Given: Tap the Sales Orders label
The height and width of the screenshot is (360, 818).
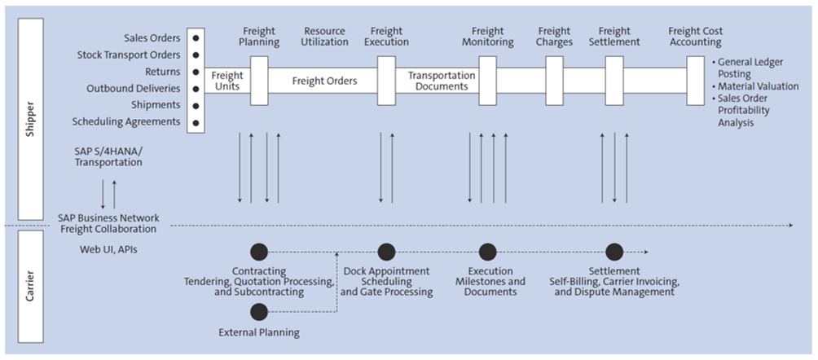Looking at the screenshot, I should click(152, 38).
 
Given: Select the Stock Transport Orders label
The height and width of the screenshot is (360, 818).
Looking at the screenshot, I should click(129, 55).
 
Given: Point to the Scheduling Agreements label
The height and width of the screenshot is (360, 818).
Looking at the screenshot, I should click(126, 122).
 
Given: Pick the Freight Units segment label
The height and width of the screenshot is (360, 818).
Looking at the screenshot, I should click(227, 81).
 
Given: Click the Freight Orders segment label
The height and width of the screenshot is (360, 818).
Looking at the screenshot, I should click(323, 81).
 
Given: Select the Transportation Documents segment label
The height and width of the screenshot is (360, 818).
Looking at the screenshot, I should click(441, 81).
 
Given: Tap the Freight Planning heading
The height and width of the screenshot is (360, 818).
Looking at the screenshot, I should click(259, 37).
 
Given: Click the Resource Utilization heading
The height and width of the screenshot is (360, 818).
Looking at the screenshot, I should click(324, 37).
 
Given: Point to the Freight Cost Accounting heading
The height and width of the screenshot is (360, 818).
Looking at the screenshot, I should click(694, 37).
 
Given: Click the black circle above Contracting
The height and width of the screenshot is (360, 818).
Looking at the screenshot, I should click(259, 252).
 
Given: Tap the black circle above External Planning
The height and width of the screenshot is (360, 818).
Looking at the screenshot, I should click(259, 312).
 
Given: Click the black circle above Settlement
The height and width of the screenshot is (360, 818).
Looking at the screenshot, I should click(614, 252).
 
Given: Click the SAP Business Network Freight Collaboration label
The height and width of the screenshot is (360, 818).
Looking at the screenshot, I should click(108, 224).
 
